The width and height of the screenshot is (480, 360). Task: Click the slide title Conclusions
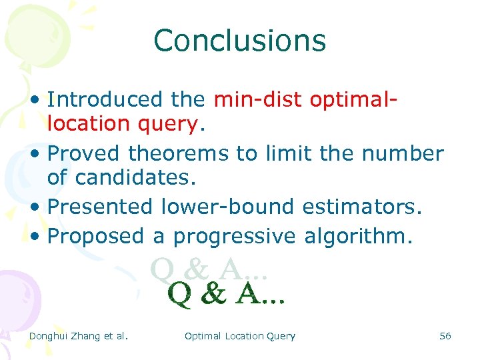(x=239, y=40)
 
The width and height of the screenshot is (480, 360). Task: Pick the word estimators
(x=362, y=207)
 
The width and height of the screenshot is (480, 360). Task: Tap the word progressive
(x=235, y=237)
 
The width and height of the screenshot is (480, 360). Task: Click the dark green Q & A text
(x=227, y=295)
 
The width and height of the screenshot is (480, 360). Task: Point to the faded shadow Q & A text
(x=209, y=269)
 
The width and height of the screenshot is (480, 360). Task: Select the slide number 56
(x=445, y=336)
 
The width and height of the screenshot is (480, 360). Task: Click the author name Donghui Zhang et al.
(x=78, y=336)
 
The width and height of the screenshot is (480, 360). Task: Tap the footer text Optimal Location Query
(x=239, y=336)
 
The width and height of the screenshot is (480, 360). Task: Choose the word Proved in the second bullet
(x=85, y=153)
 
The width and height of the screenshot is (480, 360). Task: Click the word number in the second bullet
(x=403, y=153)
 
